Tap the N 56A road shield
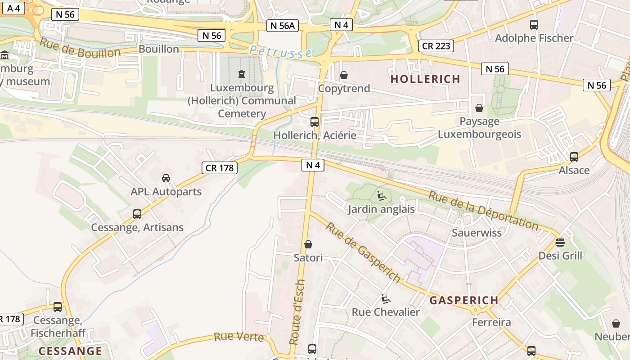tap(283, 26)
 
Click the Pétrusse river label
tap(280, 51)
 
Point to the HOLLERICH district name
tap(425, 79)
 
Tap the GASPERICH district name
tap(463, 300)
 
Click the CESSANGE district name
tap(70, 351)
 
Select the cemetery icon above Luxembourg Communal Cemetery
tap(242, 74)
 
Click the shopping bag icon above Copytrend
tap(344, 75)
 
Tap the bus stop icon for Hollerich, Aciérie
tap(315, 121)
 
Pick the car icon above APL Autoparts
tap(166, 178)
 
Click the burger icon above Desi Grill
tap(560, 243)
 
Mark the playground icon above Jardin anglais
tap(381, 195)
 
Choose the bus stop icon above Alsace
tap(574, 157)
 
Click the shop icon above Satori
tap(308, 244)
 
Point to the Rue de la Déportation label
tap(483, 210)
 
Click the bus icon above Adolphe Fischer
tap(534, 25)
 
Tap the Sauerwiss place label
tap(477, 233)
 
